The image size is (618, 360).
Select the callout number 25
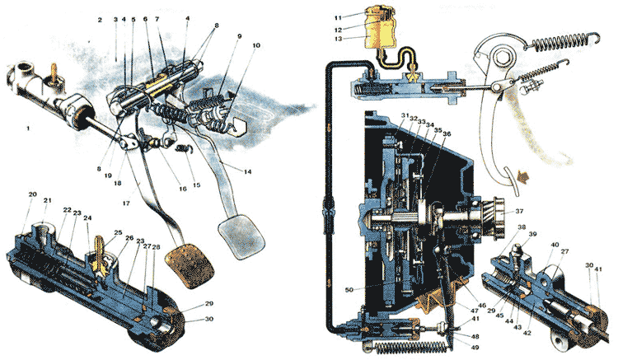(x=119, y=233)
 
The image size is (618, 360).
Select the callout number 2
(x=99, y=19)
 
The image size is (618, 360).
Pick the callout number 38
(x=521, y=227)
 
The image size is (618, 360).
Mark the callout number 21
(x=48, y=200)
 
